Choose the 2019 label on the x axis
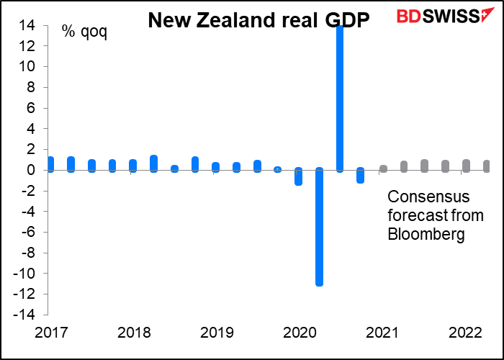[216, 334]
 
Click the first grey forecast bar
[383, 168]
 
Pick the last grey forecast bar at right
[487, 166]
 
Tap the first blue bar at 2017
[50, 164]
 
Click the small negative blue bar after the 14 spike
[361, 176]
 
